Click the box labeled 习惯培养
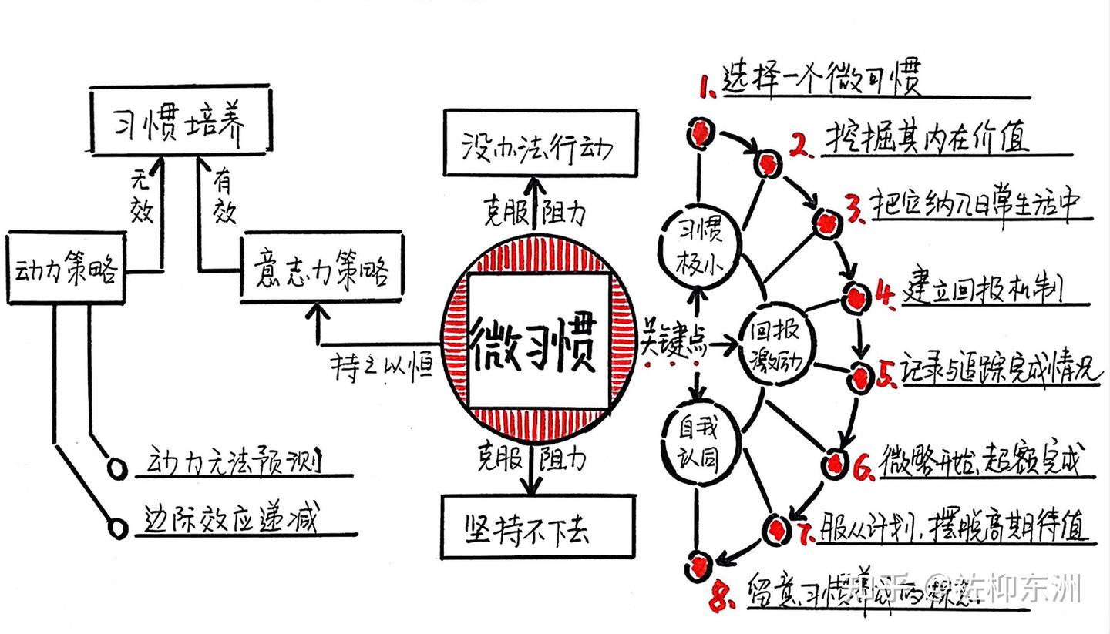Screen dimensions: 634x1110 click(181, 122)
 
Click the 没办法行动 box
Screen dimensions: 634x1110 click(540, 144)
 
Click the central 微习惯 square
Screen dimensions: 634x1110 click(537, 341)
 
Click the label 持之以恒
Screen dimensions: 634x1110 click(382, 368)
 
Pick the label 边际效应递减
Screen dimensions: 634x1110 click(230, 520)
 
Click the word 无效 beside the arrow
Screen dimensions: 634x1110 click(141, 197)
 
